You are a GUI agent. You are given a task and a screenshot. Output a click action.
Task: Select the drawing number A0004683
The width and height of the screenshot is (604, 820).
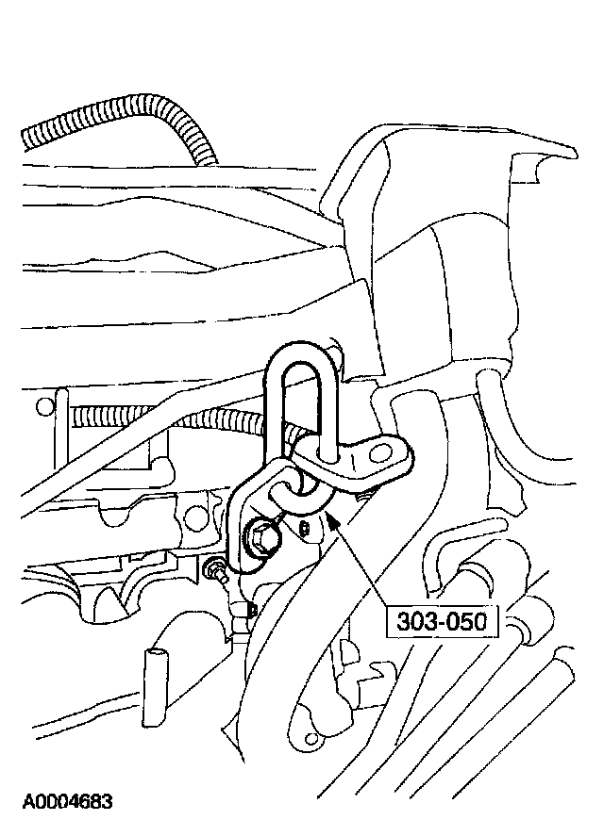(x=67, y=802)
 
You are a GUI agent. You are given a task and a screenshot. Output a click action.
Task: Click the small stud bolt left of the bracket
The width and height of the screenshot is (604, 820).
(x=214, y=569)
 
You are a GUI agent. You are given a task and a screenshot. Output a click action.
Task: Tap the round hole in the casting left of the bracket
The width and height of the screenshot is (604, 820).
(x=194, y=517)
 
